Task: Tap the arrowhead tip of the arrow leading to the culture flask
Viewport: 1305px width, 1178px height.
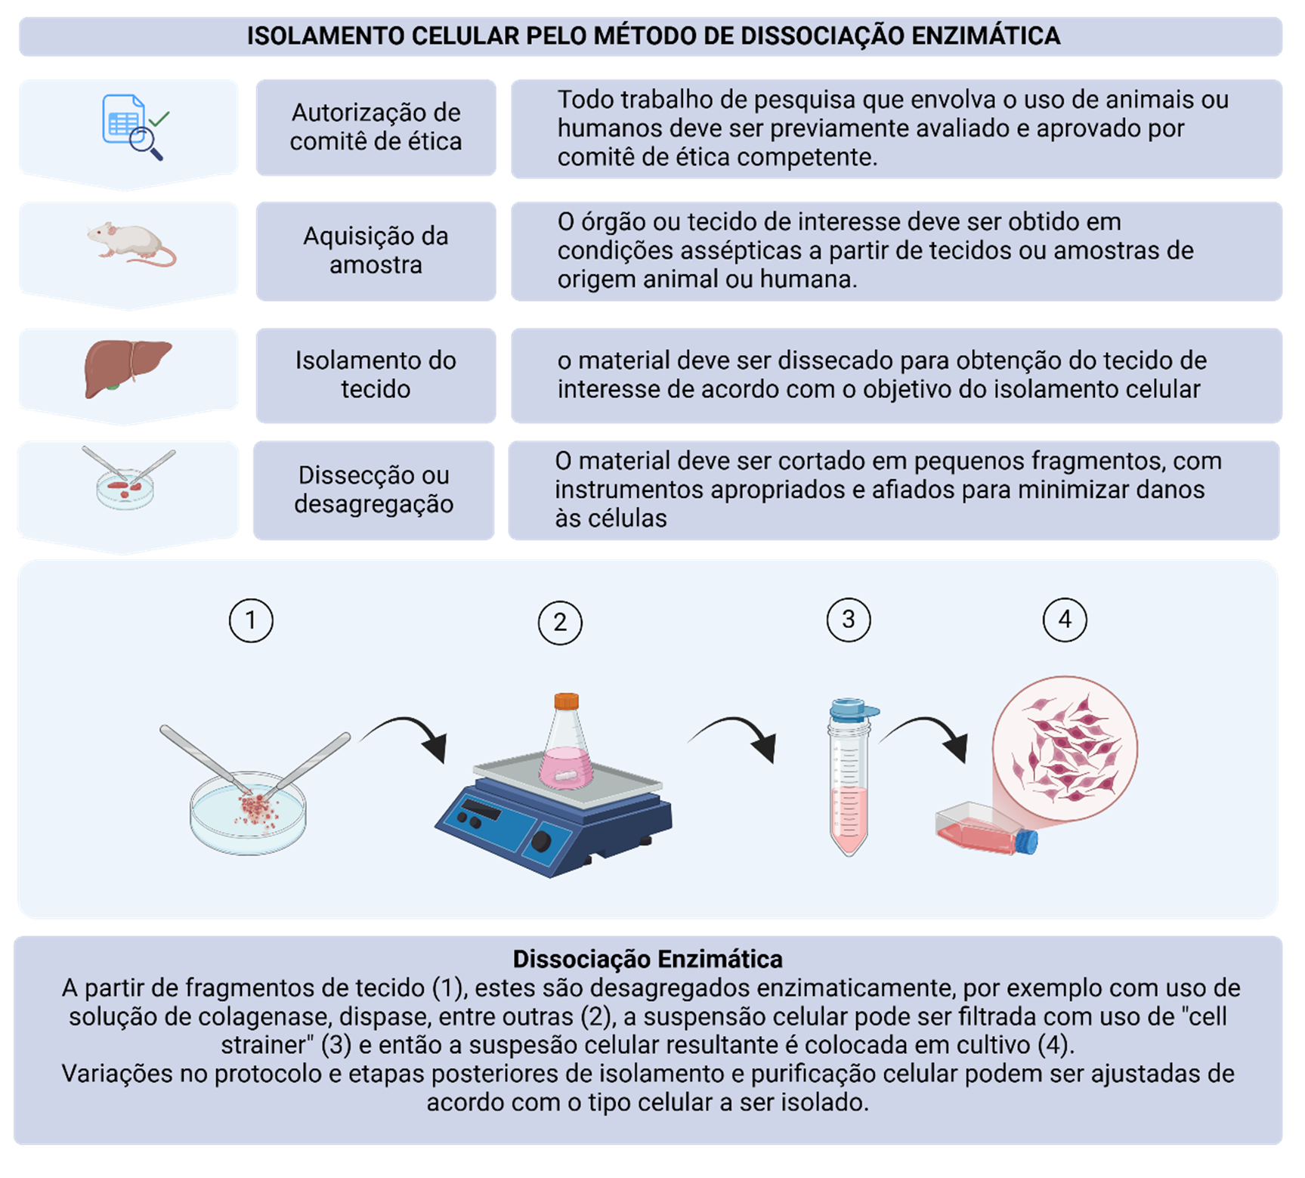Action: (965, 762)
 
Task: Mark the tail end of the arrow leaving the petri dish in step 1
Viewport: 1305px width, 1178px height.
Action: (360, 741)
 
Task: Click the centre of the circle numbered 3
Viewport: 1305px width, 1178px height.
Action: (849, 620)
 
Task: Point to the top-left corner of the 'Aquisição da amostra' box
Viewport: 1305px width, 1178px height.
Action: (257, 203)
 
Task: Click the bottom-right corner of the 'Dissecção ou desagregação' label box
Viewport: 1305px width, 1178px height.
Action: (494, 540)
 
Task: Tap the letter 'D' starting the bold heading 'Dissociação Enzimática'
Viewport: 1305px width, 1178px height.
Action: (521, 959)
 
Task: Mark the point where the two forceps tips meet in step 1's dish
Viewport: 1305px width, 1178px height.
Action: (255, 794)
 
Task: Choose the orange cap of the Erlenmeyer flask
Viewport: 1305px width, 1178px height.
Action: (566, 700)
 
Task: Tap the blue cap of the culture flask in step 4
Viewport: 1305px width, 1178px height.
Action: (1026, 842)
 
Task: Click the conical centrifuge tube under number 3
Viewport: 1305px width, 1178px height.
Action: (850, 776)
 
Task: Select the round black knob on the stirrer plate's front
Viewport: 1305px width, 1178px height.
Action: (541, 842)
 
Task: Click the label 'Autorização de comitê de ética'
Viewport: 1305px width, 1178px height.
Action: (376, 127)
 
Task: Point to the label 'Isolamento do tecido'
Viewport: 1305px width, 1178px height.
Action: (376, 375)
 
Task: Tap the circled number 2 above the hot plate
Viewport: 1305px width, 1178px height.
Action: (560, 623)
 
